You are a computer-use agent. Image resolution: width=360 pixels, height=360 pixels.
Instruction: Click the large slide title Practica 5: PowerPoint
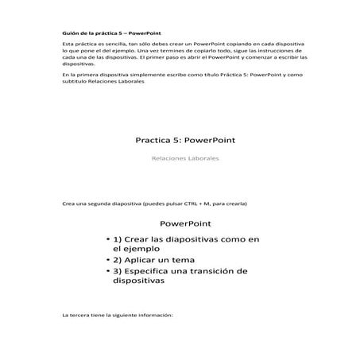point(185,140)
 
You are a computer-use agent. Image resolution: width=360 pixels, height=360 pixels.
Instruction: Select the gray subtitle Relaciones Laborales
point(185,158)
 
